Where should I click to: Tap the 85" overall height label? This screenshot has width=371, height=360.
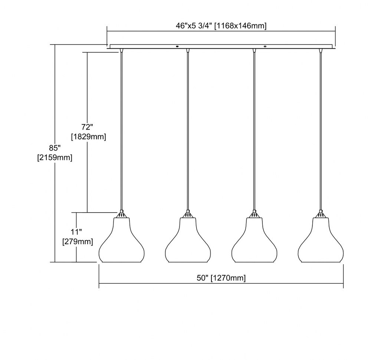point(55,148)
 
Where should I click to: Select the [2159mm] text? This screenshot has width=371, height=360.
point(55,157)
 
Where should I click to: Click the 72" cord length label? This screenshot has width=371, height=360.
point(87,127)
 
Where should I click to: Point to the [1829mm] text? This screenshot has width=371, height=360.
point(89,137)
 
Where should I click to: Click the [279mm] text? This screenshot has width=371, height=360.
point(78,242)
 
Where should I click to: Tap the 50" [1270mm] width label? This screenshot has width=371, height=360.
point(221,278)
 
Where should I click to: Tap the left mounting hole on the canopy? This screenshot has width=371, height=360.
point(177,46)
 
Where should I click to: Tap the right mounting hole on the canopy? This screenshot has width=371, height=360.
point(265,46)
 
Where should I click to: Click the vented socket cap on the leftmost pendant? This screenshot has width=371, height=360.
point(121,215)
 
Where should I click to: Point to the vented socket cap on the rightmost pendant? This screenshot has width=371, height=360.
point(321,215)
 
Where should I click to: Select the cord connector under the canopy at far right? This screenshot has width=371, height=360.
point(321,50)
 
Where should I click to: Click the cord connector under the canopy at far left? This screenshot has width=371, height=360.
point(121,50)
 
